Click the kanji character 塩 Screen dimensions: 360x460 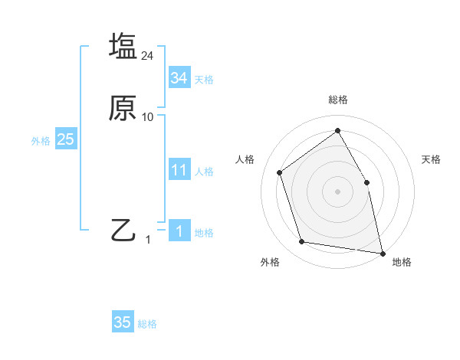pos(123,45)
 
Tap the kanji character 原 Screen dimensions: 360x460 pos(123,108)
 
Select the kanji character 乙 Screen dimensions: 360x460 pos(123,230)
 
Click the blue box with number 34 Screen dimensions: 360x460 pos(179,78)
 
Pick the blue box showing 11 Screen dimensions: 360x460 pos(179,171)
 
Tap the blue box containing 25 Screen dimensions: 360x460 pos(66,140)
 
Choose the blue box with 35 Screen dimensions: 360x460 pos(123,322)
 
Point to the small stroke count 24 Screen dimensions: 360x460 pos(148,55)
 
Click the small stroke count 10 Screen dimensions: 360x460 pos(148,117)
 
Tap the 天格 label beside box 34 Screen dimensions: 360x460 pos(204,79)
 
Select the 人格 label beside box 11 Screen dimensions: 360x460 pos(204,172)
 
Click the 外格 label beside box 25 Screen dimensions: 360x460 pos(41,141)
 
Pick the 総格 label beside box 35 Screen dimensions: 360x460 pos(147,324)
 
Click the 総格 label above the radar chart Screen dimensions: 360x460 pos(337,100)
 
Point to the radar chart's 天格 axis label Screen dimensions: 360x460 pos(432,159)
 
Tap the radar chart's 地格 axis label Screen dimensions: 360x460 pos(402,263)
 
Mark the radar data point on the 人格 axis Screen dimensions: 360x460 pos(280,172)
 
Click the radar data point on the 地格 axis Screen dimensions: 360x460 pos(382,252)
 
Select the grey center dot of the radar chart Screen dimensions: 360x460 pos(337,191)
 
